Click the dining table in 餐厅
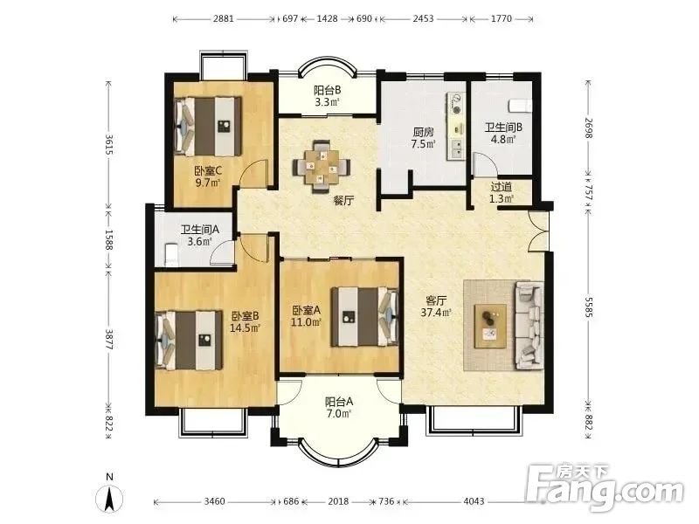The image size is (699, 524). tap(321, 167)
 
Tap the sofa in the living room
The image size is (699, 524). tap(529, 326)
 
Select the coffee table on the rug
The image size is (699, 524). tap(490, 326)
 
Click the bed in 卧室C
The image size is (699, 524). tap(208, 127)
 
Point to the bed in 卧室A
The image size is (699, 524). tap(364, 317)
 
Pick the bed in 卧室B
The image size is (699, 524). tap(189, 340)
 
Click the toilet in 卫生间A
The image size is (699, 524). tap(171, 254)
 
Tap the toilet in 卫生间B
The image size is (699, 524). tap(520, 106)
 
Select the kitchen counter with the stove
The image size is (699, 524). tap(455, 126)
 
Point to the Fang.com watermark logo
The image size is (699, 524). tap(604, 489)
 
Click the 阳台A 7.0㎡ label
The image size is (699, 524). tap(339, 408)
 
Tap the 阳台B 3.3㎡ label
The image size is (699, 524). tap(327, 96)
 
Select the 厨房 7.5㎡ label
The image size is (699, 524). tap(423, 138)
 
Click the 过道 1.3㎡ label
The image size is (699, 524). tap(501, 192)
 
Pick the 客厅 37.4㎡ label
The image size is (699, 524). tap(436, 307)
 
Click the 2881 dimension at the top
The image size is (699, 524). tap(224, 18)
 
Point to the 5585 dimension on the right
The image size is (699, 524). tap(588, 307)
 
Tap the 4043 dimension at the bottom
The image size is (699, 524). tap(474, 501)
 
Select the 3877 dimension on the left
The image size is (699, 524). tap(108, 340)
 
